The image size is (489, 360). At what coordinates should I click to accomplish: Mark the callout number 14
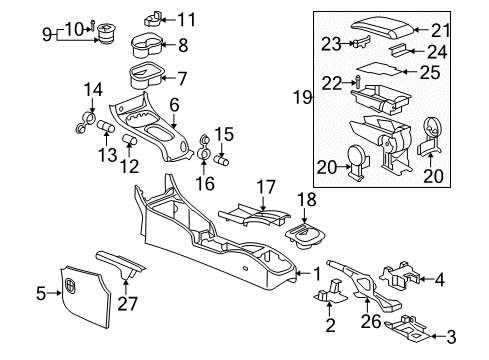(x=93, y=91)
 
